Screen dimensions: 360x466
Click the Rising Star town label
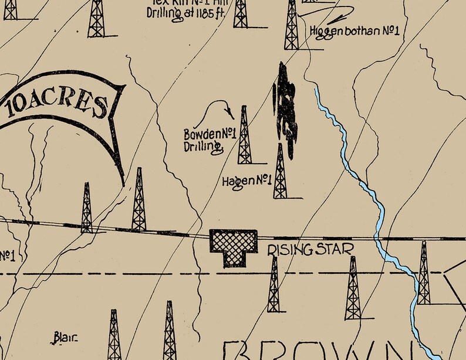[x=310, y=250]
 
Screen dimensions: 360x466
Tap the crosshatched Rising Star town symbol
[x=234, y=246]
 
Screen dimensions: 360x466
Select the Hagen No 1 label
[x=246, y=181]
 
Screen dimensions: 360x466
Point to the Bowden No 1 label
[x=210, y=134]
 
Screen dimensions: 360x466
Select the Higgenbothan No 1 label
[x=354, y=30]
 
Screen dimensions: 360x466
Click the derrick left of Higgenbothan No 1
[x=291, y=26]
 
